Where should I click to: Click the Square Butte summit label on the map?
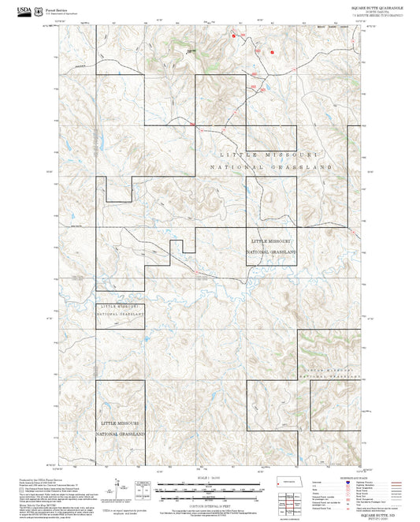pyautogui.click(x=190, y=52)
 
